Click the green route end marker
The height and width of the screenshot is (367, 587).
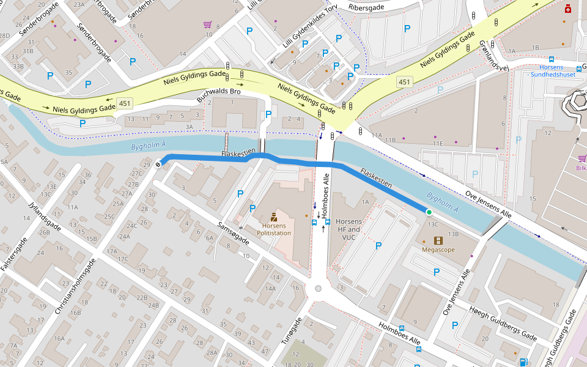tap(429, 212)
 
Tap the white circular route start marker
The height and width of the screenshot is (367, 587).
tap(158, 163)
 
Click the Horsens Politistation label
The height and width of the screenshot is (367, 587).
tap(274, 229)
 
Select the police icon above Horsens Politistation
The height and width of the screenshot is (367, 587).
tap(273, 217)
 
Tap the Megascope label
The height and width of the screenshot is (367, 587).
tap(438, 250)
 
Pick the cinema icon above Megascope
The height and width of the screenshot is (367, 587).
tap(438, 240)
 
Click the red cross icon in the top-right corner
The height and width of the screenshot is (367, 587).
tap(568, 9)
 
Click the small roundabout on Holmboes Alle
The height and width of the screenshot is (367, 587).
tap(318, 289)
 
